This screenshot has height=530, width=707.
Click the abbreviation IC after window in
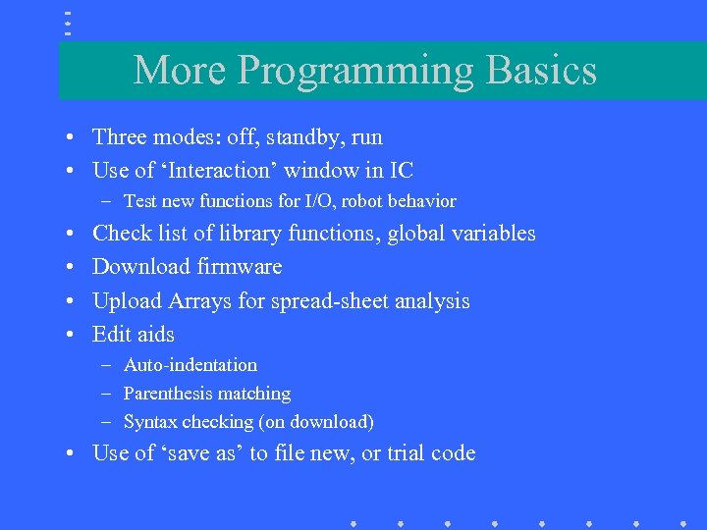click(x=402, y=171)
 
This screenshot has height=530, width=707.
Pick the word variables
click(x=494, y=234)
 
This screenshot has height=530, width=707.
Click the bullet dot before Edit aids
click(x=74, y=336)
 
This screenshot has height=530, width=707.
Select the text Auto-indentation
click(x=190, y=365)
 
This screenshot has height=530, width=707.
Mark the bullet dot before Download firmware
click(x=74, y=268)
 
